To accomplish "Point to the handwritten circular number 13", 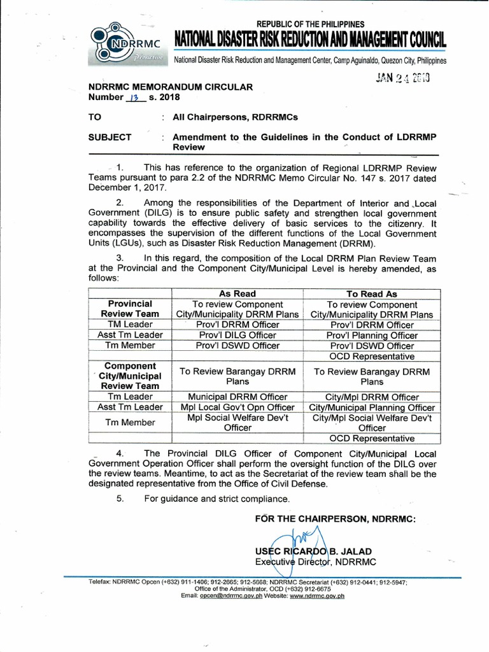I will pyautogui.click(x=132, y=97).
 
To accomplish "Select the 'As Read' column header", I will pyautogui.click(x=237, y=294).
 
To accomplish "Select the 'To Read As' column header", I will pyautogui.click(x=371, y=294).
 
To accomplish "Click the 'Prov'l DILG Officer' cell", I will pyautogui.click(x=237, y=335).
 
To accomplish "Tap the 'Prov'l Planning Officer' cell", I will pyautogui.click(x=371, y=335).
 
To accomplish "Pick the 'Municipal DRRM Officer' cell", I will pyautogui.click(x=237, y=397).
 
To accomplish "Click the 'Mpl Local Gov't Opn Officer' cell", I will pyautogui.click(x=237, y=407).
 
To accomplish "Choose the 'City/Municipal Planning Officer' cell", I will pyautogui.click(x=372, y=407).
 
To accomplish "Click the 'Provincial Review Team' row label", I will pyautogui.click(x=129, y=309).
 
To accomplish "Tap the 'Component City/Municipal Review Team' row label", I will pyautogui.click(x=129, y=376).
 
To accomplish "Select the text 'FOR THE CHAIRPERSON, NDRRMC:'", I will pyautogui.click(x=335, y=519).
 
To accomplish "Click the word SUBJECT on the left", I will pyautogui.click(x=110, y=137).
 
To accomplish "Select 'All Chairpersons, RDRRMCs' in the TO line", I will pyautogui.click(x=235, y=118).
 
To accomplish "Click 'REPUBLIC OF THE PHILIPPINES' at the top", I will pyautogui.click(x=310, y=24).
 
